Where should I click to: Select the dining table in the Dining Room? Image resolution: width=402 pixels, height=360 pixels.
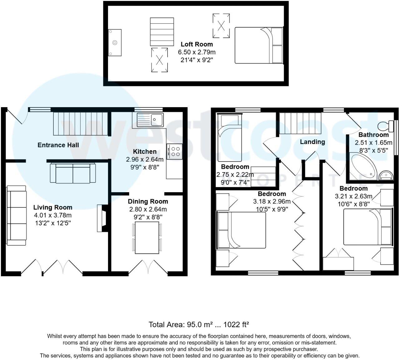tap(147, 237)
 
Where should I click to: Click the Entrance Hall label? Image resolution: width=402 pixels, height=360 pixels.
tap(58, 145)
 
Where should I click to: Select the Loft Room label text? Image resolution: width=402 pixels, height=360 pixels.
tap(197, 44)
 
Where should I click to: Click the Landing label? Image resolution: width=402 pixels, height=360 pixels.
tap(312, 142)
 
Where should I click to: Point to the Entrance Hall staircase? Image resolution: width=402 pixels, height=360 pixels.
tap(80, 124)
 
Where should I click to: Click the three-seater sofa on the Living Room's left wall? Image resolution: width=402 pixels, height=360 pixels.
tap(17, 215)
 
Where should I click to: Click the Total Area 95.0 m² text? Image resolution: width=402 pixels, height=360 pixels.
tap(199, 324)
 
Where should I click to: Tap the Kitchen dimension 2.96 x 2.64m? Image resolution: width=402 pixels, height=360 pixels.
tap(145, 159)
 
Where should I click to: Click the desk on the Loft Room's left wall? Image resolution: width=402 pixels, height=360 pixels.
tap(115, 42)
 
